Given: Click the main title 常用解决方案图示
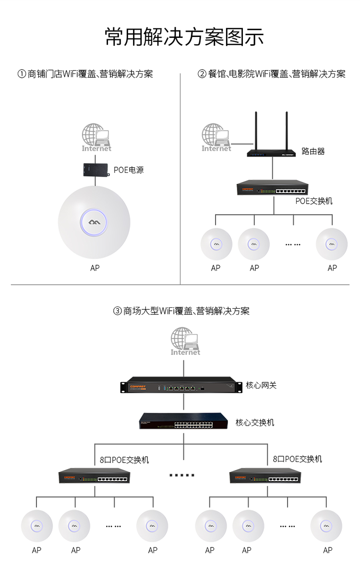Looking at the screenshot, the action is (x=184, y=37).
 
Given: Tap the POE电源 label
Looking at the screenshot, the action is (x=128, y=170).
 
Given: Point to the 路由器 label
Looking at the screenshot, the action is (x=313, y=151).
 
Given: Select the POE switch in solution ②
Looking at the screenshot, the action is (x=273, y=188).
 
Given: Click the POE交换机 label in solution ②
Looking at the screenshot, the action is (x=313, y=201).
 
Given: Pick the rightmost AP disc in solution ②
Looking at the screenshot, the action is (x=331, y=244).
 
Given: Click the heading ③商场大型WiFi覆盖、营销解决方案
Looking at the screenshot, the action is (x=181, y=311).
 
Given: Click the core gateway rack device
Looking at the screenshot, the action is (x=178, y=387).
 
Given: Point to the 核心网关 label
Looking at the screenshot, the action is (x=261, y=385).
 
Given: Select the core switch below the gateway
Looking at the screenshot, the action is (x=183, y=422).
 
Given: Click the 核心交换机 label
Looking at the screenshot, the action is (x=255, y=423).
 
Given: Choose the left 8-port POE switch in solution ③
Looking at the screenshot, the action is (x=94, y=476).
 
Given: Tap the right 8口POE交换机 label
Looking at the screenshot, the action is (x=298, y=459).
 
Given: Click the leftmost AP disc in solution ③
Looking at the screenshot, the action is (x=36, y=526).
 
